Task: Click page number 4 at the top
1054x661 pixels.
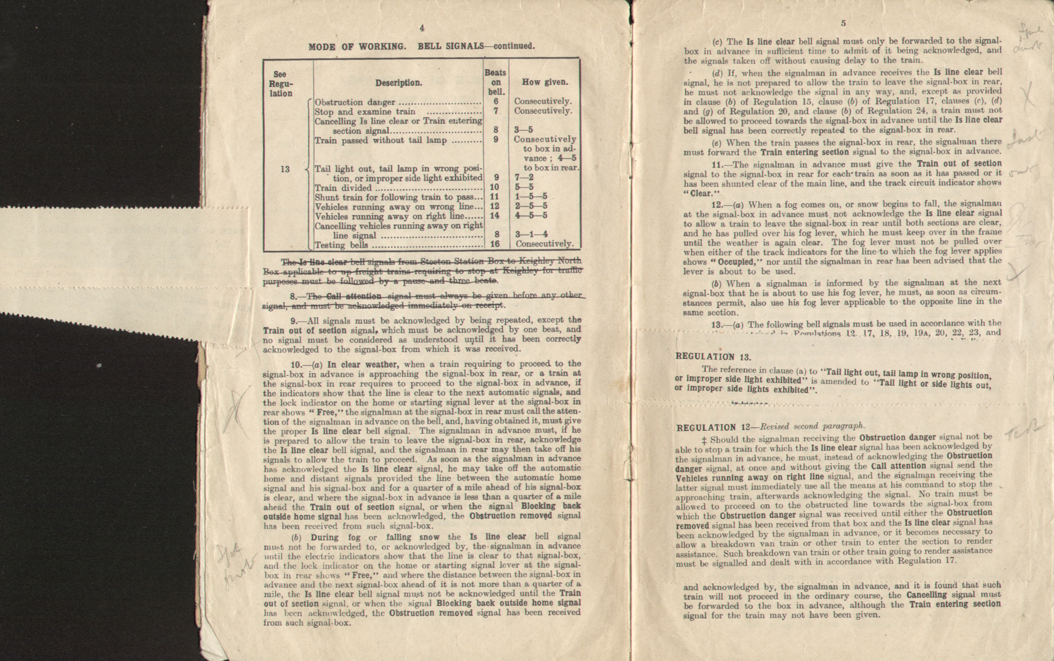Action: click(422, 28)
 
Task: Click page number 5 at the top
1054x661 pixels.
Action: click(843, 24)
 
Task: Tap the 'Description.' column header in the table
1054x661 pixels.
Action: click(398, 83)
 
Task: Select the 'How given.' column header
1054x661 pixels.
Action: click(545, 82)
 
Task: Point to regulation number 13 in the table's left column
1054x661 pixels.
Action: click(285, 169)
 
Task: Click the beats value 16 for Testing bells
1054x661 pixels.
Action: click(495, 244)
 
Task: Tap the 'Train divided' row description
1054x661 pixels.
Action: click(343, 188)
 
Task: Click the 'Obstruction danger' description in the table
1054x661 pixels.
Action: click(355, 102)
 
